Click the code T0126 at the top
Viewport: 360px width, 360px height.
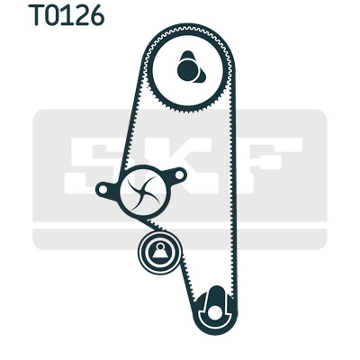[x=67, y=15]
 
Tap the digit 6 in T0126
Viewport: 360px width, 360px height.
[x=96, y=15]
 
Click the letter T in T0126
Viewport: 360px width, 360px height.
[x=37, y=15]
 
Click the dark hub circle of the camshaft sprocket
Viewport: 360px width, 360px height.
[x=188, y=70]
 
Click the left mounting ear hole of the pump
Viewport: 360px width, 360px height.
[x=103, y=190]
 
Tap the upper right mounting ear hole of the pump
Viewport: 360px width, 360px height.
[x=180, y=175]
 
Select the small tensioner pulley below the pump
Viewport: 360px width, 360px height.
[x=160, y=253]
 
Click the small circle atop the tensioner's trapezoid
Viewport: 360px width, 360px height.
[x=160, y=247]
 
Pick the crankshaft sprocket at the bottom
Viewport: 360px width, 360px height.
[x=215, y=310]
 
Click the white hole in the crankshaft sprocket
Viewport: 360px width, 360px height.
[x=215, y=313]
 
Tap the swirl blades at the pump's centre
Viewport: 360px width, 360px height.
[x=143, y=192]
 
